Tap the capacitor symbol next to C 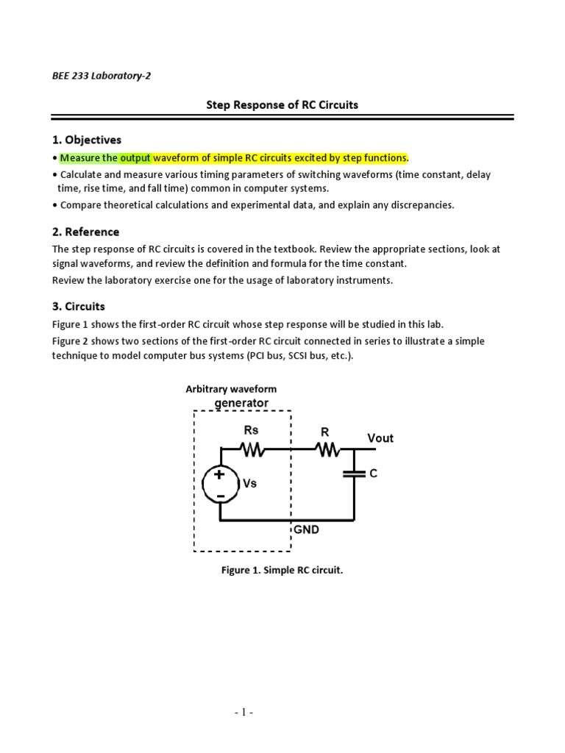[355, 474]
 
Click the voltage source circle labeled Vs [220, 485]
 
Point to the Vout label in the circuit [380, 438]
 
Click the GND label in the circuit [306, 529]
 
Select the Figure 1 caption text [282, 570]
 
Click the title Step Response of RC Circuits [282, 104]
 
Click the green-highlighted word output [135, 158]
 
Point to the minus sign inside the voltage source [220, 496]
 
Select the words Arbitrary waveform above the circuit [231, 389]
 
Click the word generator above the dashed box [241, 403]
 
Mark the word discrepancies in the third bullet [422, 205]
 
